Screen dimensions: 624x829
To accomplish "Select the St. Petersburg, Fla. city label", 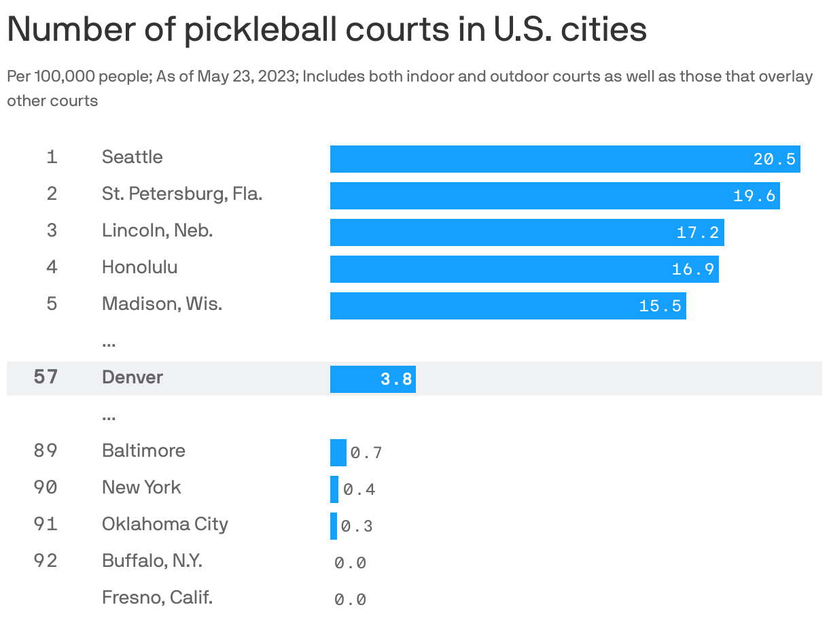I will tap(182, 194).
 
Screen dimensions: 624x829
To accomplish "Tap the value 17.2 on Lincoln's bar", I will tap(697, 232).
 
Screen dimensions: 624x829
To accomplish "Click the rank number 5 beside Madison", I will tap(52, 303).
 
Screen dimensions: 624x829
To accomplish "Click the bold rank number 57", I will tap(46, 377).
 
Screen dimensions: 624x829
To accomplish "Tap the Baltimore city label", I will tap(143, 451).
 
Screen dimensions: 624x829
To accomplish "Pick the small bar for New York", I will tap(334, 489).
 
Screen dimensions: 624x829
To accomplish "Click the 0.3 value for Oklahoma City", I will tap(357, 527).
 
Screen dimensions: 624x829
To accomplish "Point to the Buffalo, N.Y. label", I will tap(152, 561).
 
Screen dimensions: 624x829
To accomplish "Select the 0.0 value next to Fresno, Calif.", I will tap(351, 600).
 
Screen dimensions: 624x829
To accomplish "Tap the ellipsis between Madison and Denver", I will tap(109, 343).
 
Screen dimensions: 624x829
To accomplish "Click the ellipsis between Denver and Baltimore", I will tap(109, 416).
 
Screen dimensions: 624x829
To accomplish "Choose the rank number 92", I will tap(46, 561).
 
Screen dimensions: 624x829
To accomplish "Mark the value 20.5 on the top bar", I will tap(774, 159).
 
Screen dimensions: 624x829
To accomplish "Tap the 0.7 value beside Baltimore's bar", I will tap(366, 453).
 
